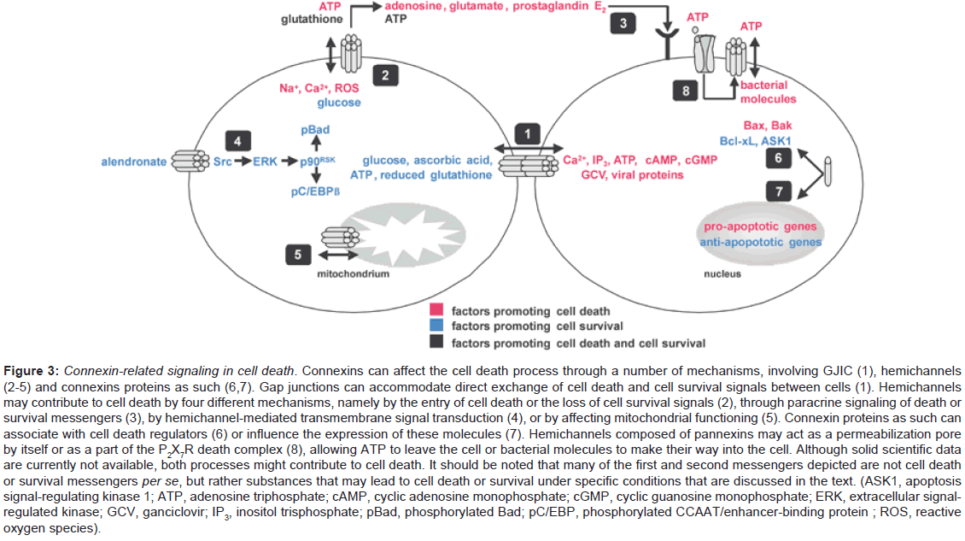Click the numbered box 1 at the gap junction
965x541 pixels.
coord(527,133)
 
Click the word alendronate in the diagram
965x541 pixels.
coord(133,161)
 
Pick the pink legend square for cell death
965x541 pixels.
coord(435,309)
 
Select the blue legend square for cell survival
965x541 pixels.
coord(435,326)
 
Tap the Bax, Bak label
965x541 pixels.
coord(769,126)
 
